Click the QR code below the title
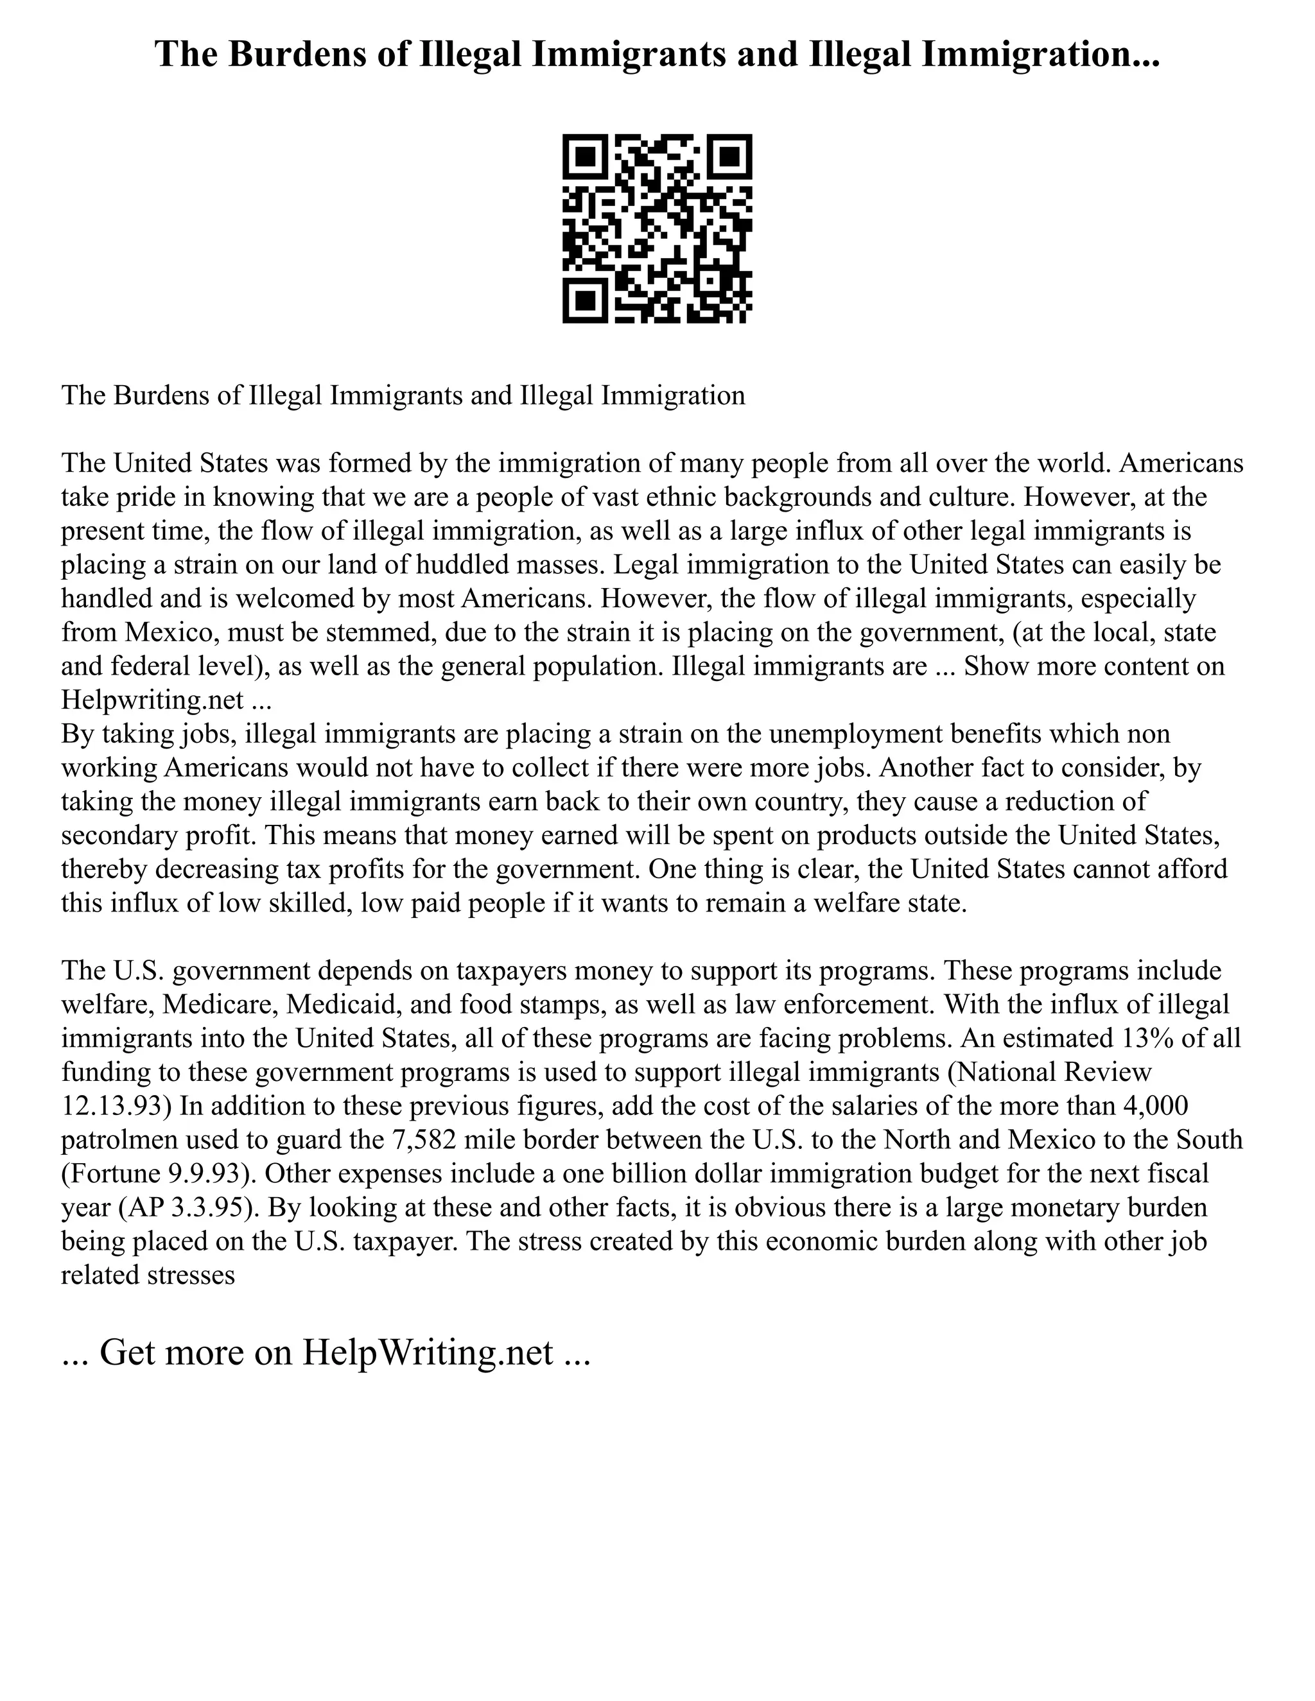tap(657, 229)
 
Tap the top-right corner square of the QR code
tap(731, 156)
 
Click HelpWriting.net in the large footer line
tap(428, 1353)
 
